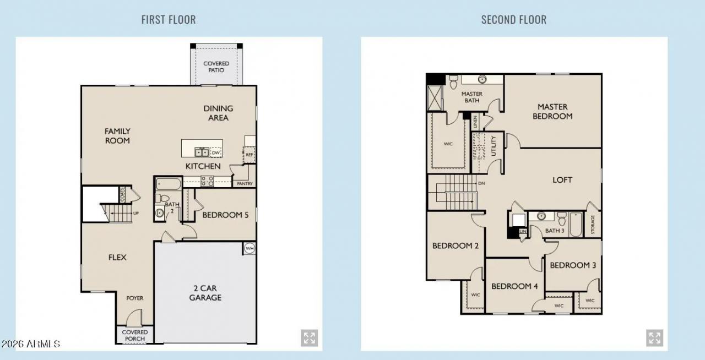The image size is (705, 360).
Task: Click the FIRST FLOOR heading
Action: (168, 20)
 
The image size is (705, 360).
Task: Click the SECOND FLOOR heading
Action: (513, 20)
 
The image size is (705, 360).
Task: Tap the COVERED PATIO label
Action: (216, 67)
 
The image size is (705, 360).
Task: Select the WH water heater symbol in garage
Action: (249, 248)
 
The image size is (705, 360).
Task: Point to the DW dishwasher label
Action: (215, 153)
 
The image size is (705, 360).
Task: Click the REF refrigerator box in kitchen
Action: (249, 155)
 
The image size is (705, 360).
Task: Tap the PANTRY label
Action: (245, 183)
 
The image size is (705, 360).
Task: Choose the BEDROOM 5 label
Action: (225, 215)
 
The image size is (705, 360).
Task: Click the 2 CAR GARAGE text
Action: (205, 292)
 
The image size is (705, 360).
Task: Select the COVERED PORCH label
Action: (134, 335)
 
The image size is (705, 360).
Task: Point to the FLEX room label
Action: (117, 257)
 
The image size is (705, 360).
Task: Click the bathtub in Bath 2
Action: (169, 183)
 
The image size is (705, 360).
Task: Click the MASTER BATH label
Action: (471, 97)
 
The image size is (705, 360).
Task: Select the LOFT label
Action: (562, 180)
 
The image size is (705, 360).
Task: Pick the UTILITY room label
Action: (494, 146)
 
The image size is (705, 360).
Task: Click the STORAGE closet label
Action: (593, 225)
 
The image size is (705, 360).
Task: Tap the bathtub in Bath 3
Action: (575, 225)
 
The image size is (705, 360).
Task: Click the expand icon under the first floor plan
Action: (309, 338)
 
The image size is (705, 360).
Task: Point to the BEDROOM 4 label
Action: (514, 286)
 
